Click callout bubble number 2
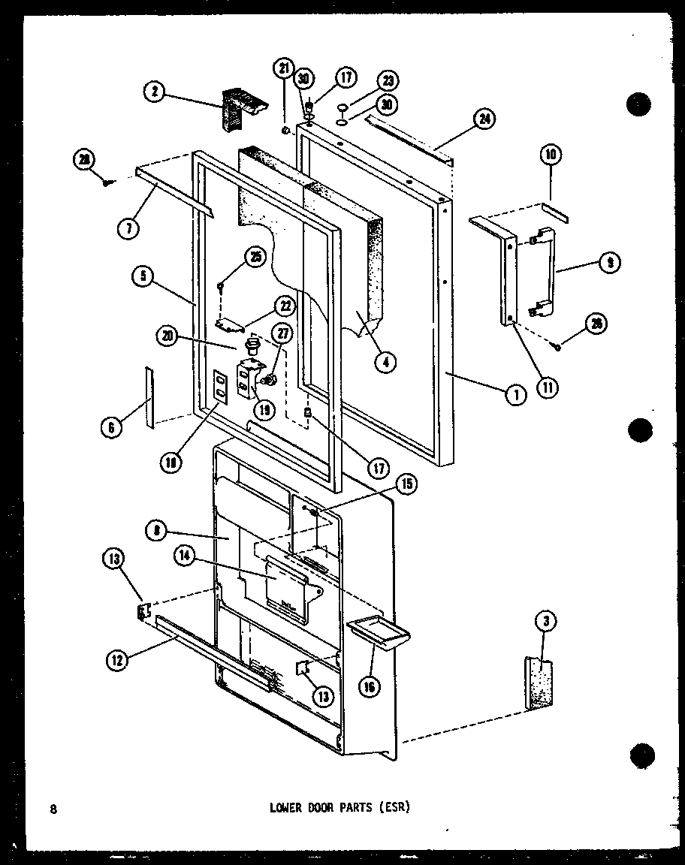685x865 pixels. (x=155, y=92)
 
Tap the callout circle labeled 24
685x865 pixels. (x=485, y=117)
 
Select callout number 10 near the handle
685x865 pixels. (x=551, y=155)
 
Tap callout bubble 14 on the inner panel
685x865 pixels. (x=184, y=556)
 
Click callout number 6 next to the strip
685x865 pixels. (x=112, y=427)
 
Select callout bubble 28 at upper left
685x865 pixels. (x=83, y=158)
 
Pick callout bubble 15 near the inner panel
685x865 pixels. (x=408, y=485)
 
